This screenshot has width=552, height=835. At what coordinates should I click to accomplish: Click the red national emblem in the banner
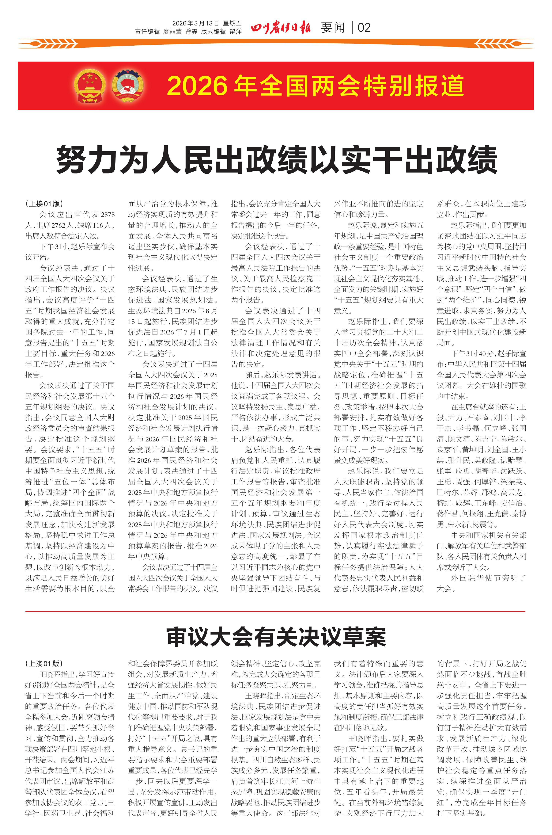pos(90,86)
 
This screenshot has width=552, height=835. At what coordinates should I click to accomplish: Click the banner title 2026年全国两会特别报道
pos(315,86)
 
